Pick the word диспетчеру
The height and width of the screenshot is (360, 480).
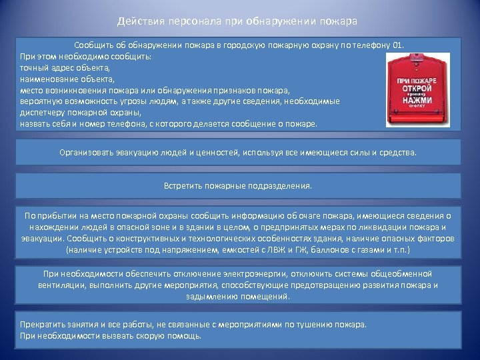[43, 113]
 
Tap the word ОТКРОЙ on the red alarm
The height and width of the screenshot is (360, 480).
[417, 88]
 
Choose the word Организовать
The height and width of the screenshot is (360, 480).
[89, 153]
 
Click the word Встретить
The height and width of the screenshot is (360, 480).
[183, 186]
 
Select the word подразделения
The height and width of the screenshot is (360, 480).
[283, 186]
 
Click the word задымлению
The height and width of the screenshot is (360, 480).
[214, 296]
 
